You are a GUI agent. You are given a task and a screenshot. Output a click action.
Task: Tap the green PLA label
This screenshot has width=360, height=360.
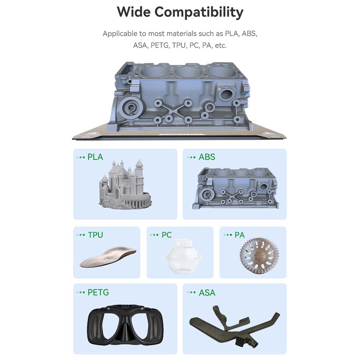[95, 157]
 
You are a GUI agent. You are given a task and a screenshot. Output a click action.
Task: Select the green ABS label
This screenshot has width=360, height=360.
[207, 157]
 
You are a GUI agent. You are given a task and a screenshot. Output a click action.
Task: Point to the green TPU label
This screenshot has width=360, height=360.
[95, 235]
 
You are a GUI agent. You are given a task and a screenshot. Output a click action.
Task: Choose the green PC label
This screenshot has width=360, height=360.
[166, 235]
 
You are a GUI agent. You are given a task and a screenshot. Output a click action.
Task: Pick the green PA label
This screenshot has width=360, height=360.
[239, 235]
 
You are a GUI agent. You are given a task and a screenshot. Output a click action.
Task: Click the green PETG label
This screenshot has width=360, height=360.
[98, 292]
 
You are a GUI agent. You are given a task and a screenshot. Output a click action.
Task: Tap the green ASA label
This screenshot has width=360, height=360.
[207, 292]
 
